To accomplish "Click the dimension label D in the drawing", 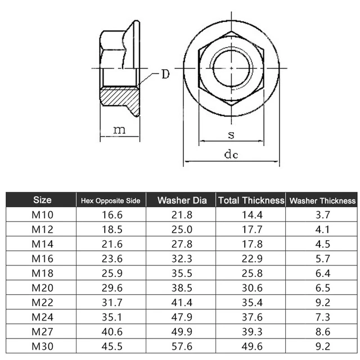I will [x=165, y=74].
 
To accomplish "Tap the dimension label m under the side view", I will [x=119, y=129].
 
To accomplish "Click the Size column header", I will [x=42, y=200].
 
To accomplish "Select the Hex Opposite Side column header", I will [x=111, y=200].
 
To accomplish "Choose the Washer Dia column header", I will [x=182, y=200].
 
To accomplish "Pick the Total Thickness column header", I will [x=251, y=200].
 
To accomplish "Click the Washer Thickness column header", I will [x=322, y=200].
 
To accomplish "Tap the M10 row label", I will [x=42, y=214].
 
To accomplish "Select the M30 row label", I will [x=42, y=346].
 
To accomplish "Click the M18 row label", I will [x=42, y=273].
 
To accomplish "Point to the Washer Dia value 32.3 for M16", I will [x=182, y=258].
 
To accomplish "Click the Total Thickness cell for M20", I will [x=251, y=287].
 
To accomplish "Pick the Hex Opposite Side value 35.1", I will [x=111, y=317].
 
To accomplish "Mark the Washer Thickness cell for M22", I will [x=322, y=302].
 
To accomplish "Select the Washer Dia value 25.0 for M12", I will [x=182, y=229].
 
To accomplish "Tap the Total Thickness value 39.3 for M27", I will [x=251, y=331].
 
